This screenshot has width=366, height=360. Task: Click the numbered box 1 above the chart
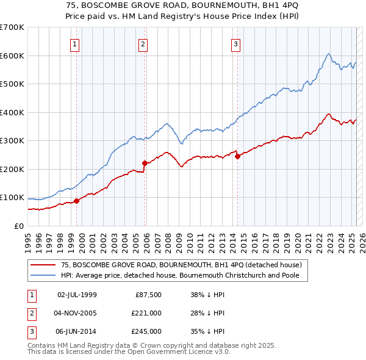pos(74,43)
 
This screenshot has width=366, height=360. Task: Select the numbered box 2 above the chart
pos(143,43)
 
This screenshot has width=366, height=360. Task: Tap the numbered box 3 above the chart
pos(235,43)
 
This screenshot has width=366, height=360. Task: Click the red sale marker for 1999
pos(76,201)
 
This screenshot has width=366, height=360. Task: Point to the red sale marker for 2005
pos(145,163)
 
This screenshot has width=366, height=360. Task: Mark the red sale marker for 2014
pos(237,156)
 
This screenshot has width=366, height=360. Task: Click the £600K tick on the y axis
pos(13,56)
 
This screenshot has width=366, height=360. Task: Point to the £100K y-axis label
pos(13,198)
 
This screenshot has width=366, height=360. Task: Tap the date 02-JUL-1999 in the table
pos(77,294)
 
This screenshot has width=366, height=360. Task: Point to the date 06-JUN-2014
pos(77,332)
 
